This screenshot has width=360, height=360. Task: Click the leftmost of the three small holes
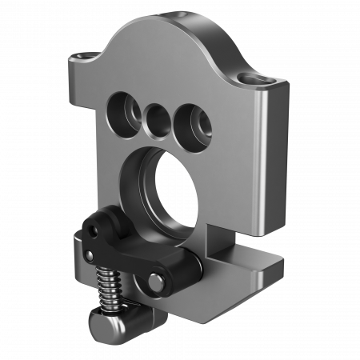tap(122, 108)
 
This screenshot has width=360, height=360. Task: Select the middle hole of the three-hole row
tap(156, 118)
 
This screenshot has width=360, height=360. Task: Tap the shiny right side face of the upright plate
tap(274, 160)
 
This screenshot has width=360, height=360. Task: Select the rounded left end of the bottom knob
tap(95, 324)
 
